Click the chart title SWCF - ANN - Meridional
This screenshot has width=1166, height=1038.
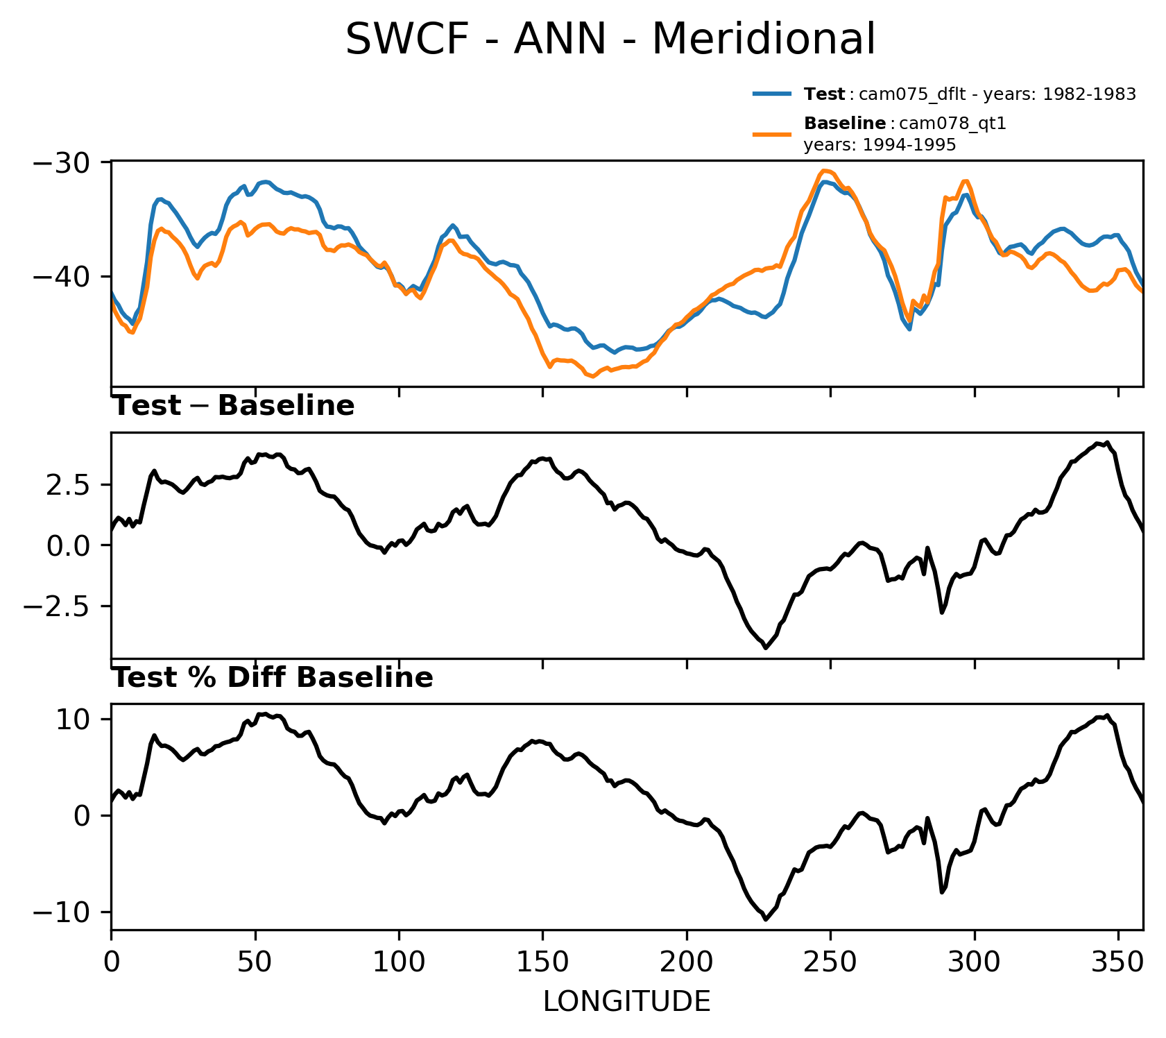coord(610,40)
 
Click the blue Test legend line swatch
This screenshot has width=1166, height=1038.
coord(771,94)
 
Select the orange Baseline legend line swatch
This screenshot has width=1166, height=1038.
coord(771,133)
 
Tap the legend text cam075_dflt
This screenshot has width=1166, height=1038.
coord(906,94)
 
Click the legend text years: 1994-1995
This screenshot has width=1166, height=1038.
coord(880,145)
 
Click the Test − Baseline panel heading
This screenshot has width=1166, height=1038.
coord(233,406)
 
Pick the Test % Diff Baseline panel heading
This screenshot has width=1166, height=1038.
coord(273,678)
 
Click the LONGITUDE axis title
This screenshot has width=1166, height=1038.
coord(626,1002)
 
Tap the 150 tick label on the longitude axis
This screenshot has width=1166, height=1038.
coord(542,963)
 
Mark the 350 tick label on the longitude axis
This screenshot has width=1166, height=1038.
coord(1117,963)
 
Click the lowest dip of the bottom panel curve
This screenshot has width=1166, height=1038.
coord(765,919)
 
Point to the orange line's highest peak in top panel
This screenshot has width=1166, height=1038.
coord(823,170)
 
